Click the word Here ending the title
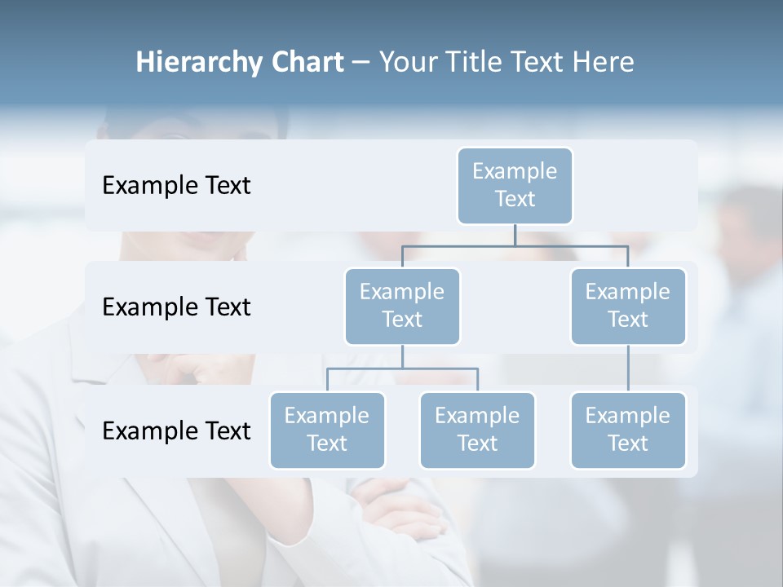(603, 63)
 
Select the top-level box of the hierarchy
(515, 185)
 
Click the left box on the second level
(402, 306)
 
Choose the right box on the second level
(628, 306)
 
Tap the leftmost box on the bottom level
(327, 430)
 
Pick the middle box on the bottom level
(477, 430)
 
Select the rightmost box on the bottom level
(628, 430)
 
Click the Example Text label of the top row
(176, 185)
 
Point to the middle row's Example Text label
(176, 307)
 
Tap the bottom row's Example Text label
(176, 430)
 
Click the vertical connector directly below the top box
(515, 235)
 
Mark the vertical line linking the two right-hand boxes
(628, 369)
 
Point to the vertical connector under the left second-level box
(402, 356)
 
